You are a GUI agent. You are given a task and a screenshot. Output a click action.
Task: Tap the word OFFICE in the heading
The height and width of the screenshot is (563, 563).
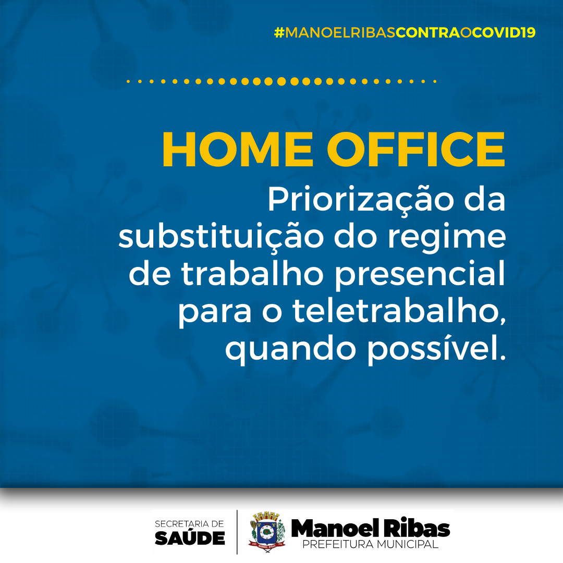416,150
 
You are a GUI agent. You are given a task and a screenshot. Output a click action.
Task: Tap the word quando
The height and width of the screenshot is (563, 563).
290,349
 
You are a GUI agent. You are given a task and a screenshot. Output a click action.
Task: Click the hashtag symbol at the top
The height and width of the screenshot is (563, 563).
279,33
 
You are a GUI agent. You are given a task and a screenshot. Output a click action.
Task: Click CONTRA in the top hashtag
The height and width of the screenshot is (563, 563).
427,33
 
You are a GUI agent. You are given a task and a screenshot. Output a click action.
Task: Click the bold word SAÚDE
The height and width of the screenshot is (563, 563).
190,537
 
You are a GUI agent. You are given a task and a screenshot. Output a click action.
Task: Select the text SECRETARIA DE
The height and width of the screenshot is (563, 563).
189,524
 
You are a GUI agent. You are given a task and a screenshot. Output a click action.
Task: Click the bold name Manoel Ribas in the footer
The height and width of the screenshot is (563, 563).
370,528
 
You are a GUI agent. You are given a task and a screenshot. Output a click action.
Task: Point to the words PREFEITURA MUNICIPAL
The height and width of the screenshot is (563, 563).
370,544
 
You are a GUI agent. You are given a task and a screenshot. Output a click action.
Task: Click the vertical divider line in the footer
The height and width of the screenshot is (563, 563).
237,532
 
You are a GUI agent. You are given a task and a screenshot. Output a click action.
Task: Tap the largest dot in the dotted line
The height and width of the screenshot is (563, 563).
281,81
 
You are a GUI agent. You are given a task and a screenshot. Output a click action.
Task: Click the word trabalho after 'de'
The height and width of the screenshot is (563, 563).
253,274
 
